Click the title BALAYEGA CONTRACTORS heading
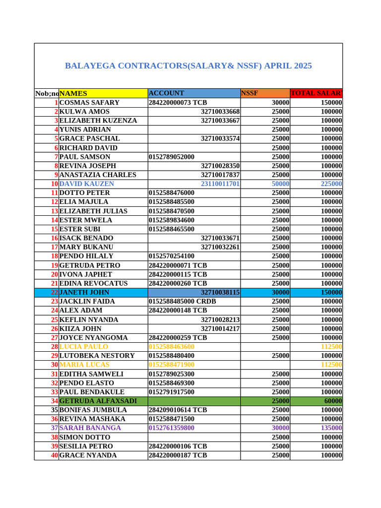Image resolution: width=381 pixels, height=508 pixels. (x=189, y=66)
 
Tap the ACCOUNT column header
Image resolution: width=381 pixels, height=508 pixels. (x=167, y=93)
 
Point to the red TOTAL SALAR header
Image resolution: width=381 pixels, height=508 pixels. (x=316, y=93)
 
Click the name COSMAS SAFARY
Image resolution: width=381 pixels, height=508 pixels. (x=89, y=103)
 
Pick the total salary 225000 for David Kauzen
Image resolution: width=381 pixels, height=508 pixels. (x=330, y=184)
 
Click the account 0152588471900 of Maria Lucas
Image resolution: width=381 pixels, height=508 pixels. (x=172, y=365)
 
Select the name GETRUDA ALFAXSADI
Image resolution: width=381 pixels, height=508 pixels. (x=98, y=401)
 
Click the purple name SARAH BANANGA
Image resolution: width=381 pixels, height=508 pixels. (x=90, y=428)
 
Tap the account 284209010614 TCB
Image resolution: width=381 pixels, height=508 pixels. (x=178, y=410)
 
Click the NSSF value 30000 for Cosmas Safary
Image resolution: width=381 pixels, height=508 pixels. (x=280, y=103)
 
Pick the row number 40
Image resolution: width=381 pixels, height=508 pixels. (x=54, y=455)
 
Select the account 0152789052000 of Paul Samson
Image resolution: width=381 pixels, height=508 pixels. (x=172, y=157)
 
